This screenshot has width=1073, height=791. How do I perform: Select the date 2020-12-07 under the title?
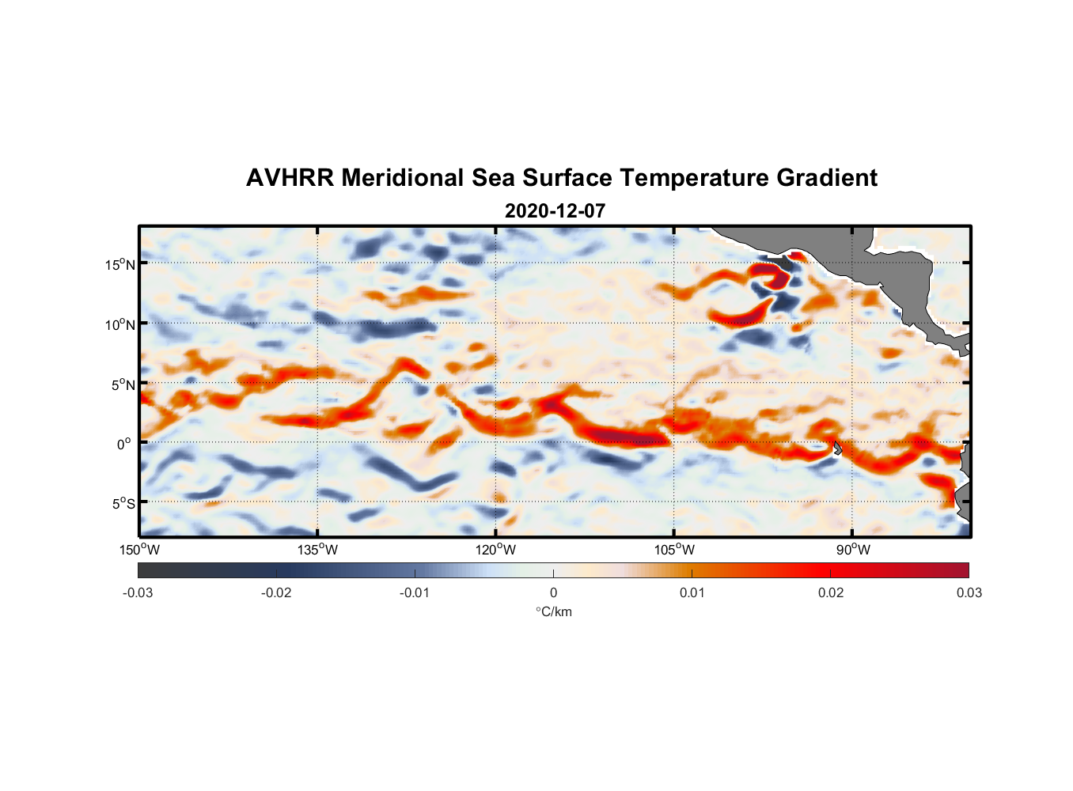[555, 211]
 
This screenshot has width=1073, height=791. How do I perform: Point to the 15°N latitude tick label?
[120, 264]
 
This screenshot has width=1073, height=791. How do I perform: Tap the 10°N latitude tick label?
[120, 324]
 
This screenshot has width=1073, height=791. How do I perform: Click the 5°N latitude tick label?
[123, 384]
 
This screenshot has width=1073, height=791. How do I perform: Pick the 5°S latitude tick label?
[123, 504]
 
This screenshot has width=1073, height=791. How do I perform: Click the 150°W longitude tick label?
[140, 550]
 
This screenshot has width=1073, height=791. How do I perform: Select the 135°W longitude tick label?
[318, 550]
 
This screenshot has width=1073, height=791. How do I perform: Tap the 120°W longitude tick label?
[496, 550]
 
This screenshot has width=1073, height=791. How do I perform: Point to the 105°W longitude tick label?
[674, 550]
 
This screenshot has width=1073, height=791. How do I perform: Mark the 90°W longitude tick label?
[853, 550]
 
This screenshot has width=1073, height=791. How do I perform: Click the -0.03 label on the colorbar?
[138, 592]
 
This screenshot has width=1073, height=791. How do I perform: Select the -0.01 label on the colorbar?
[415, 592]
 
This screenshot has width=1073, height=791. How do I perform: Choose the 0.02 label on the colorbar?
[831, 592]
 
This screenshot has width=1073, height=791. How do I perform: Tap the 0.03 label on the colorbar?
[969, 592]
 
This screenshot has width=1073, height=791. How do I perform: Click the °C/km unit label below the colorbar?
[553, 611]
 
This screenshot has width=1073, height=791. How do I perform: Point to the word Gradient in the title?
[827, 178]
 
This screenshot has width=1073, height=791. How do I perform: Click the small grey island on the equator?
[837, 448]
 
